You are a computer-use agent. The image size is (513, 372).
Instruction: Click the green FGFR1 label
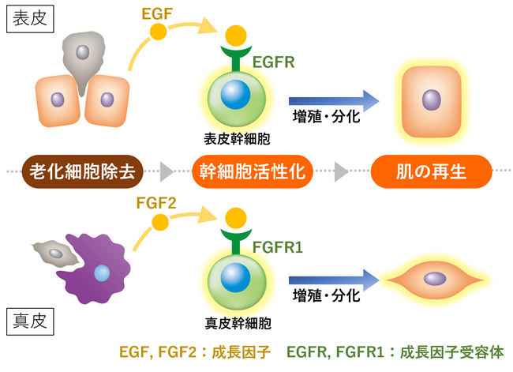(x=279, y=246)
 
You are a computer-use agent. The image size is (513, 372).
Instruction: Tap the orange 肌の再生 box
(x=432, y=169)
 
